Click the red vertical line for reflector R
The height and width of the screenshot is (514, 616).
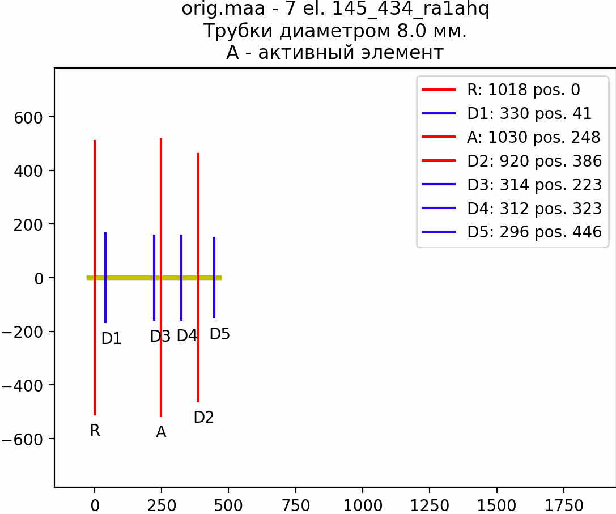coord(95,278)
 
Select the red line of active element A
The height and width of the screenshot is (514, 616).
coord(161,278)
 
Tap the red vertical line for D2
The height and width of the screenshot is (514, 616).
coord(198,278)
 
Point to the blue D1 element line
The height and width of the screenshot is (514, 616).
coord(105,278)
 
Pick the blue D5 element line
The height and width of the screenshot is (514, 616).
coord(214,278)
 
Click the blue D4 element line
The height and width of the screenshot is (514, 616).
coord(181,278)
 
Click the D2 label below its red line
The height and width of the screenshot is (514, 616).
coord(204,417)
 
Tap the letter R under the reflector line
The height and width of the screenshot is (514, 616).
coord(95,431)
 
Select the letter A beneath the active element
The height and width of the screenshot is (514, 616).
coord(161,432)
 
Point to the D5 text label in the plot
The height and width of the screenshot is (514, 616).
coord(220,334)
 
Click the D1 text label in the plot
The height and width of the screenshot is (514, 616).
coord(112,339)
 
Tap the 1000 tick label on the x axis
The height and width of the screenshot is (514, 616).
coord(363,505)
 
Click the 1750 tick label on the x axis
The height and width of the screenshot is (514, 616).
coord(564,505)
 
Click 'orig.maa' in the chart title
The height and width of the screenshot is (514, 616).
coord(223,9)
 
